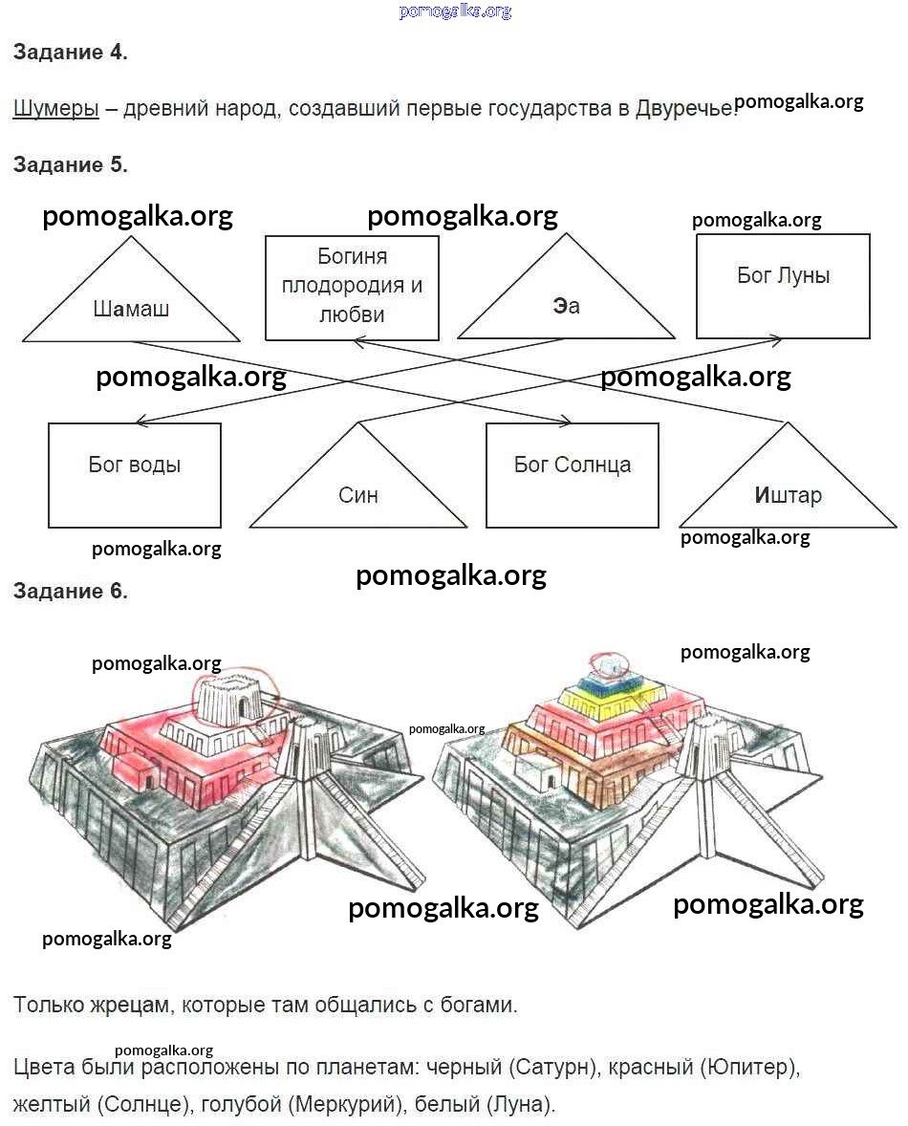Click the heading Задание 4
(71, 53)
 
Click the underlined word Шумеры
(56, 108)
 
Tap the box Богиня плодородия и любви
(352, 286)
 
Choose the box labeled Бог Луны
(783, 285)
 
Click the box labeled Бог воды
(135, 474)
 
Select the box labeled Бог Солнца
(572, 474)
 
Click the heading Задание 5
(71, 164)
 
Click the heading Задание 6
(71, 591)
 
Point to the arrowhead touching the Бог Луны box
(777, 338)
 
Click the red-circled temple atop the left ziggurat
(230, 700)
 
